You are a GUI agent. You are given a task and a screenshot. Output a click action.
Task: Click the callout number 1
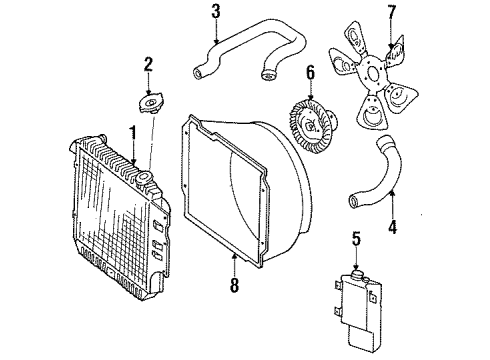tap(130, 130)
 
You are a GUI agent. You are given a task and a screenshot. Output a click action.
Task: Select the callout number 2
tap(147, 65)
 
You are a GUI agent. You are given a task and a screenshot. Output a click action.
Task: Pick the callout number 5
tap(355, 238)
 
